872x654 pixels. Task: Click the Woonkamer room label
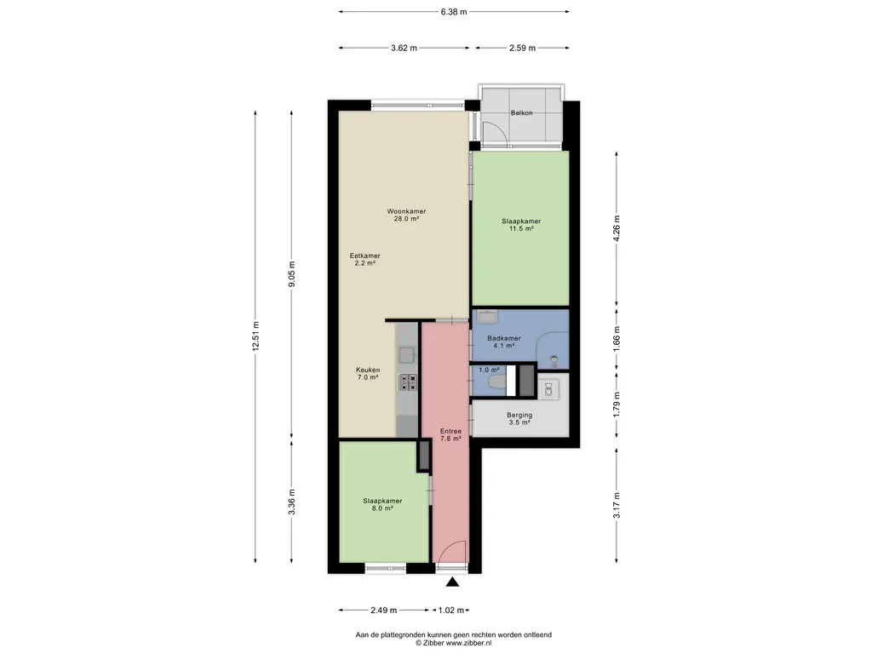(406, 215)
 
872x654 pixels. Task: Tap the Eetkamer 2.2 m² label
(364, 260)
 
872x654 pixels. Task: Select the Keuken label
(368, 374)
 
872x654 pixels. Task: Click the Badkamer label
(504, 341)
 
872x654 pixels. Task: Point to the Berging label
(519, 419)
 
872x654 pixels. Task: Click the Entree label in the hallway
(450, 435)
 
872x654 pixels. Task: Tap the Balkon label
(522, 113)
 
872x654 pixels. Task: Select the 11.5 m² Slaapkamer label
(521, 225)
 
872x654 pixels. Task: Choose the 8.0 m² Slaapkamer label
(382, 504)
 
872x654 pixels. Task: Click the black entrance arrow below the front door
(453, 582)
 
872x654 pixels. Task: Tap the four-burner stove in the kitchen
(408, 382)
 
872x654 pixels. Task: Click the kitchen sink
(408, 354)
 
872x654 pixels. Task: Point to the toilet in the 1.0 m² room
(497, 382)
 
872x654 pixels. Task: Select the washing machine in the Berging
(548, 389)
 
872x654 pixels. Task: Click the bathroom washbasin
(488, 317)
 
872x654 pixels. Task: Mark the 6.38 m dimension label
(454, 12)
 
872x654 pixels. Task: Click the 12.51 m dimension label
(255, 336)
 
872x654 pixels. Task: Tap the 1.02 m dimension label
(451, 611)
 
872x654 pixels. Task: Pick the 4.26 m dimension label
(617, 227)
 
